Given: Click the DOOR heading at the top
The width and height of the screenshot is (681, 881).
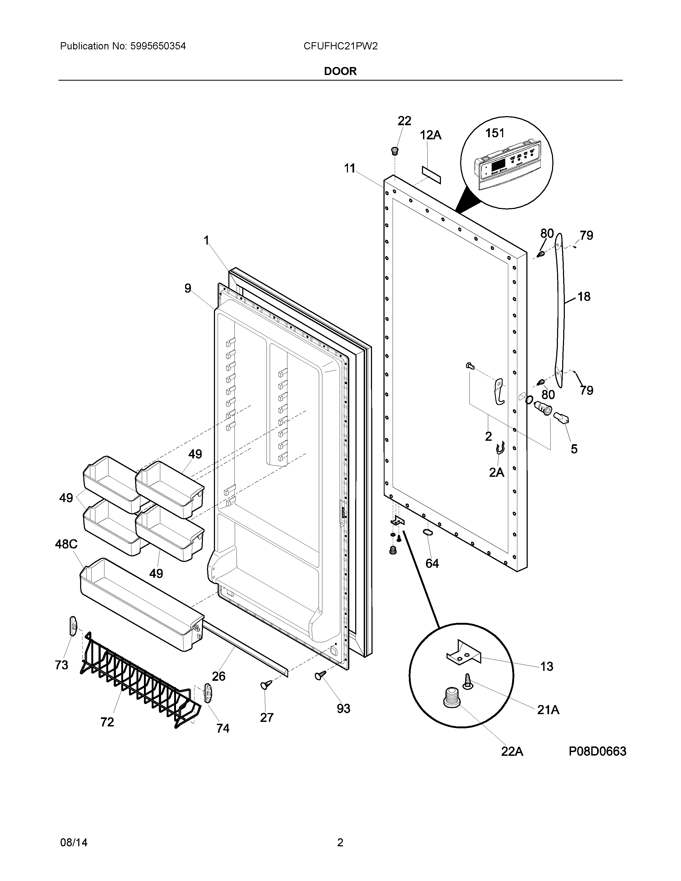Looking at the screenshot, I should point(340,71).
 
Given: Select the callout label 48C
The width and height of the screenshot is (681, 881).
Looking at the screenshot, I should point(66,545).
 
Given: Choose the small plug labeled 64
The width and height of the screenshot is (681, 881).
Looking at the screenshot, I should point(427,533).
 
